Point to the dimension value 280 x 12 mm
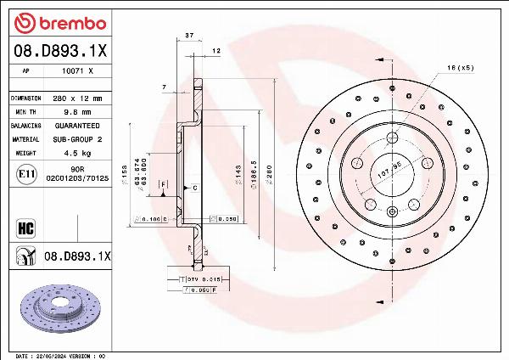pyautogui.click(x=78, y=98)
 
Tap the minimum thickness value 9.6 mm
pyautogui.click(x=78, y=111)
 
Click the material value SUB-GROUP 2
pyautogui.click(x=78, y=138)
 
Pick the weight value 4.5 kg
pyautogui.click(x=78, y=153)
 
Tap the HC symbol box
pyautogui.click(x=25, y=227)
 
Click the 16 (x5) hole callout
pyautogui.click(x=459, y=67)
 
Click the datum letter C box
pyautogui.click(x=194, y=187)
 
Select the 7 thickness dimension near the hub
pyautogui.click(x=163, y=87)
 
